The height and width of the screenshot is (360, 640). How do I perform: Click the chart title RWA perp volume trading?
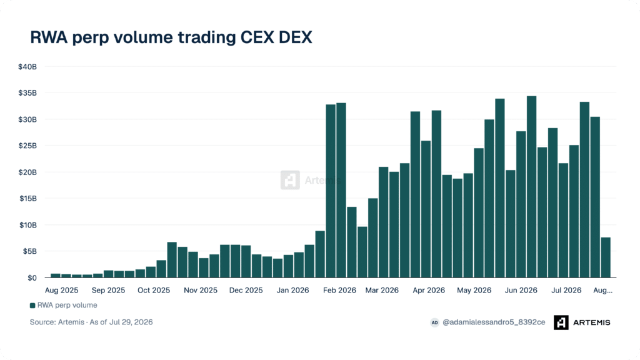pyautogui.click(x=133, y=37)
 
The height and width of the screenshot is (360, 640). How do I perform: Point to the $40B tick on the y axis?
pyautogui.click(x=27, y=66)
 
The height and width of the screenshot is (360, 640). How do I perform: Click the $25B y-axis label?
pyautogui.click(x=27, y=146)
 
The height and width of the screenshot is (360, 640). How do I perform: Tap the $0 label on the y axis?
pyautogui.click(x=32, y=278)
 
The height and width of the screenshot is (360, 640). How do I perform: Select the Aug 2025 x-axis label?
pyautogui.click(x=62, y=290)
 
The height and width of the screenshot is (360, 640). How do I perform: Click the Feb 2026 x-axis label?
pyautogui.click(x=339, y=290)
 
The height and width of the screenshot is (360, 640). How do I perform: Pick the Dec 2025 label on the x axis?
pyautogui.click(x=246, y=290)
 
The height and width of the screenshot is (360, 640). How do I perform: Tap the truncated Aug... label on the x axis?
pyautogui.click(x=603, y=290)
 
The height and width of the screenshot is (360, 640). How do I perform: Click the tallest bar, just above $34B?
pyautogui.click(x=531, y=187)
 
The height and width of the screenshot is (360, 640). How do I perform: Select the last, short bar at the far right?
pyautogui.click(x=606, y=257)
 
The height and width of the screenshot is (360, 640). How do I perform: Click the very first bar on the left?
pyautogui.click(x=56, y=276)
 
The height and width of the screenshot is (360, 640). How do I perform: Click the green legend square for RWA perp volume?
pyautogui.click(x=32, y=305)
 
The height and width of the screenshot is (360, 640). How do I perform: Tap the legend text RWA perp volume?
pyautogui.click(x=67, y=305)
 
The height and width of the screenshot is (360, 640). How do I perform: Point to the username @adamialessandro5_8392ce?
pyautogui.click(x=494, y=322)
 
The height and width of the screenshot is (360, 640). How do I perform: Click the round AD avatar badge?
pyautogui.click(x=435, y=322)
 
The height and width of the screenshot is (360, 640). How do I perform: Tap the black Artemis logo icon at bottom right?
pyautogui.click(x=561, y=322)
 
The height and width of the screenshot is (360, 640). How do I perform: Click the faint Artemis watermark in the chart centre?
pyautogui.click(x=311, y=180)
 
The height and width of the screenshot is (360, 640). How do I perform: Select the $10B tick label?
pyautogui.click(x=27, y=225)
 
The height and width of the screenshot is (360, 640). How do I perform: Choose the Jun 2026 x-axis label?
pyautogui.click(x=521, y=290)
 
